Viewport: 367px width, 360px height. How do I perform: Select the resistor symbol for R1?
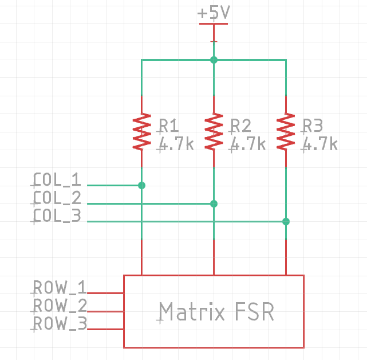point(141,131)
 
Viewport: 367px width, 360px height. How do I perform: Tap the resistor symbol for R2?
point(214,131)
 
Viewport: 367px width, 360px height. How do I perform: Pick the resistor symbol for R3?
point(286,131)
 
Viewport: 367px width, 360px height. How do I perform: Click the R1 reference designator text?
point(169,126)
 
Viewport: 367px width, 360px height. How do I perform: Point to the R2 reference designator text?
point(241,126)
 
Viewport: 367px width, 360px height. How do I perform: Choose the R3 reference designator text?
point(313,126)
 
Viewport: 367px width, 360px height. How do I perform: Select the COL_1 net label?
point(57,180)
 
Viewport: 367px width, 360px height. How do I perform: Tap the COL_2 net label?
point(57,198)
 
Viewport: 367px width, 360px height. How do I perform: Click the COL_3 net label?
point(57,216)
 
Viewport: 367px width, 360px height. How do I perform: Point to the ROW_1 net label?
point(60,287)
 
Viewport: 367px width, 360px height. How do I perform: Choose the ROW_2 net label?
point(60,306)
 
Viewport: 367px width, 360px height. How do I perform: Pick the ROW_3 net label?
point(60,324)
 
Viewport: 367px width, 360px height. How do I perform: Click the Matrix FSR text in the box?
point(216,312)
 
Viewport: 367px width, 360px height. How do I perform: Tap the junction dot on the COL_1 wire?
point(141,185)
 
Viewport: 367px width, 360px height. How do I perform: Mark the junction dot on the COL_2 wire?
point(214,204)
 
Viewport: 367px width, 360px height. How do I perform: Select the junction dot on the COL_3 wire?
point(286,221)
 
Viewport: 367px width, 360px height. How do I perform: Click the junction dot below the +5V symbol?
point(214,60)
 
